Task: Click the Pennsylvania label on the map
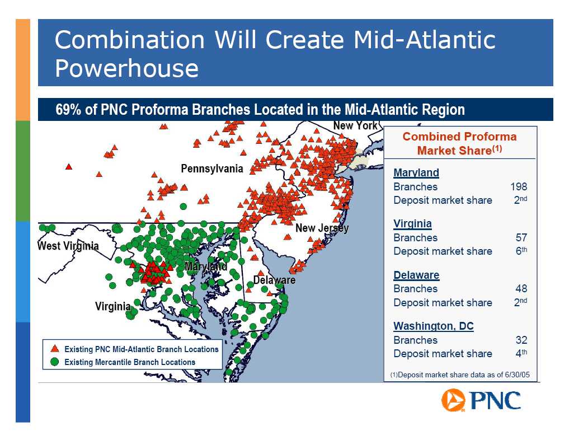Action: (212, 169)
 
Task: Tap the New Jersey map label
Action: (322, 228)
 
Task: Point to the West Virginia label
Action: (68, 246)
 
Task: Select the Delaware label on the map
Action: (274, 280)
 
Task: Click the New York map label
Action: (355, 125)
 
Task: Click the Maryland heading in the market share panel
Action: (416, 172)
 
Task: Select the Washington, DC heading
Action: (434, 326)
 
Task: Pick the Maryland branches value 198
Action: (518, 186)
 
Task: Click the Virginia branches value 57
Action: (521, 237)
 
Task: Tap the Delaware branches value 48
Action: (521, 289)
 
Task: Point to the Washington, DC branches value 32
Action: (521, 340)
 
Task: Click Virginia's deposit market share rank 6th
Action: (521, 251)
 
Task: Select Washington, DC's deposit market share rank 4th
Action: (521, 353)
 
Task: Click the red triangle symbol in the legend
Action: (55, 349)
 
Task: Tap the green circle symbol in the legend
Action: (55, 362)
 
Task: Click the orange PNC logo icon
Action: (453, 400)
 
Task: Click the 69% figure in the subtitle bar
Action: (68, 109)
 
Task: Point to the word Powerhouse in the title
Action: (126, 68)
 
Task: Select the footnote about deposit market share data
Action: (460, 375)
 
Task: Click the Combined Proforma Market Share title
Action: (459, 143)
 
